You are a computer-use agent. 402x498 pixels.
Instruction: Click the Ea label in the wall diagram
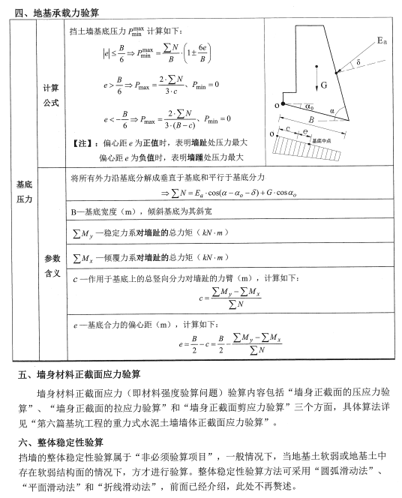coord(381,39)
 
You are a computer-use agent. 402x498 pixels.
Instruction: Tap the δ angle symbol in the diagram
coord(358,62)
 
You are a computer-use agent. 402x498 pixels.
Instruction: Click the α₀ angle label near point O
coord(309,106)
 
